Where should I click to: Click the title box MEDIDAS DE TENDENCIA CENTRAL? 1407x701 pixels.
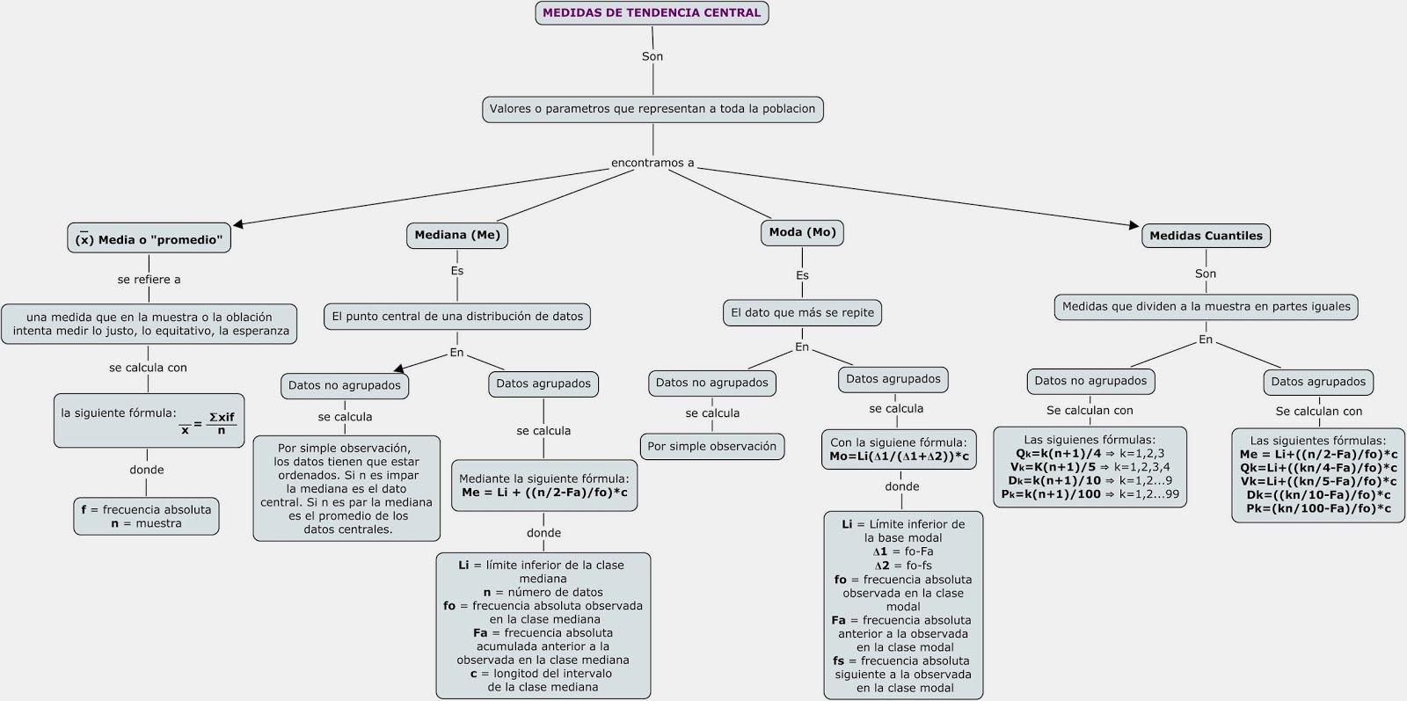tap(652, 13)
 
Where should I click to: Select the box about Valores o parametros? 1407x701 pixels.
tap(652, 109)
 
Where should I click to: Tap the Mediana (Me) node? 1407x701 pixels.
tap(457, 235)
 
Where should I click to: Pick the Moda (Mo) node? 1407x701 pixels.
tap(802, 232)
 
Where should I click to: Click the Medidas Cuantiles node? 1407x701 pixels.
tap(1206, 236)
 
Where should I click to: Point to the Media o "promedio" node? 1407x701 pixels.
tap(149, 239)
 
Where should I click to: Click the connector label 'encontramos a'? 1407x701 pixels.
tap(652, 163)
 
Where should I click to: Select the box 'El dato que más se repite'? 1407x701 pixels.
tap(802, 312)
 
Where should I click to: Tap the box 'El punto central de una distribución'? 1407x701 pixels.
tap(457, 317)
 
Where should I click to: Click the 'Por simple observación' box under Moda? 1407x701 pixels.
tap(711, 446)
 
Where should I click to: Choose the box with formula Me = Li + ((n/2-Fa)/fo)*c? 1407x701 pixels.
tap(544, 486)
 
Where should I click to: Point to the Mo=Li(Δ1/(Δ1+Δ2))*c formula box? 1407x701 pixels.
tap(899, 449)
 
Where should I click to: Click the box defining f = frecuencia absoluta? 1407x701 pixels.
tap(146, 516)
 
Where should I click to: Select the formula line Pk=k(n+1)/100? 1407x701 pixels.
tap(1090, 494)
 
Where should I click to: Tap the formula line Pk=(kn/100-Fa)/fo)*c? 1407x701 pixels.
tap(1318, 508)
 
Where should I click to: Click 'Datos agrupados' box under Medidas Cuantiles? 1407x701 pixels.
tap(1318, 382)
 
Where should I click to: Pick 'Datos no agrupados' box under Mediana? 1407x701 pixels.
tap(344, 385)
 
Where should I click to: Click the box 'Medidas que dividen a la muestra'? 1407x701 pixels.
tap(1206, 307)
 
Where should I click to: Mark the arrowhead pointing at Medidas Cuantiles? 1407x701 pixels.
tap(1134, 225)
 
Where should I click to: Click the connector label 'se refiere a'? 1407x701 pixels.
tap(149, 280)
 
